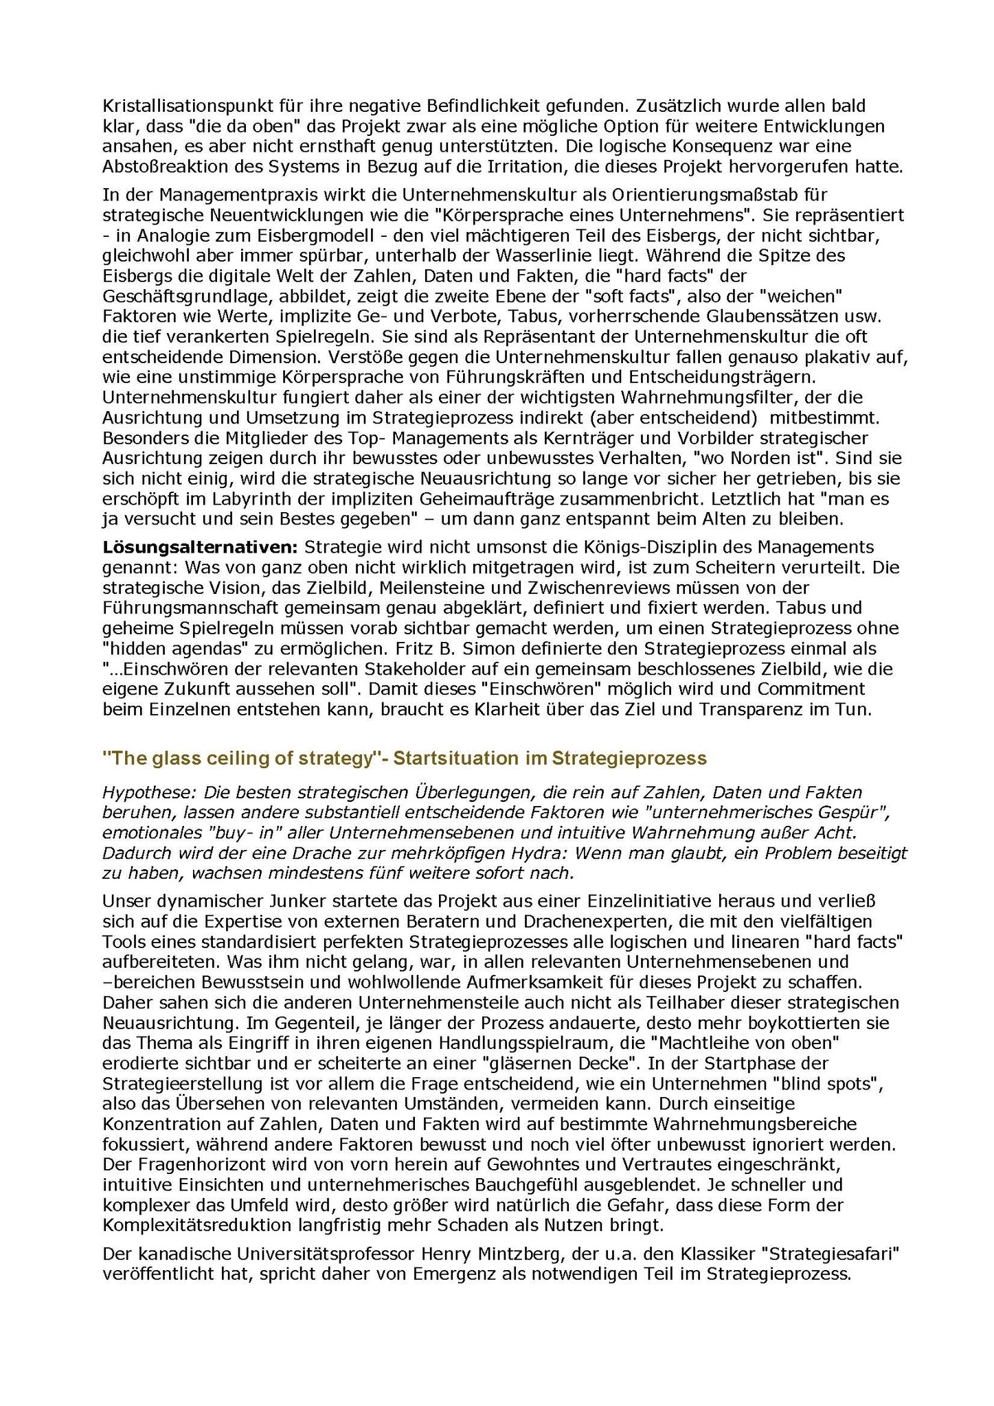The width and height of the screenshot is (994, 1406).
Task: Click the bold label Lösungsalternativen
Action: point(200,548)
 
